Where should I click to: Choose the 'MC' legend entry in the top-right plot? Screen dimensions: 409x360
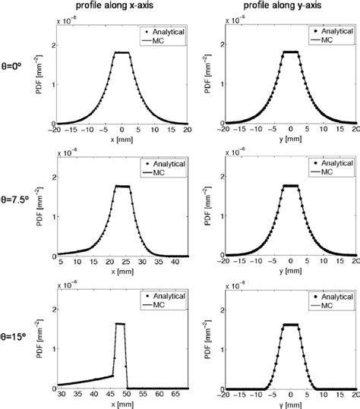point(326,42)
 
